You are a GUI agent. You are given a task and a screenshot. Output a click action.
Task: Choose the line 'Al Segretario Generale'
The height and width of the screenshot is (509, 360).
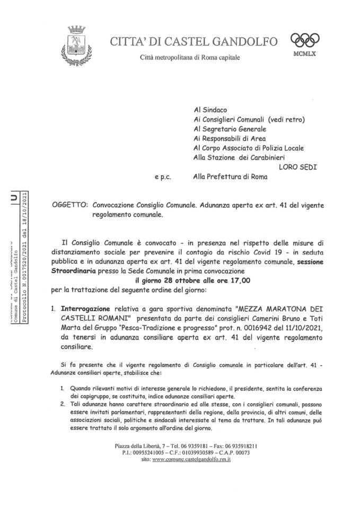(230, 128)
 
